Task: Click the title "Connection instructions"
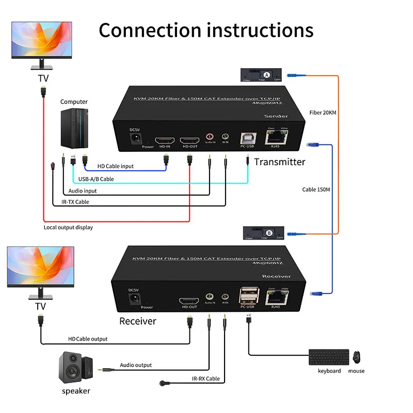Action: (206, 30)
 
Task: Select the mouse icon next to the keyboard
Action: (356, 357)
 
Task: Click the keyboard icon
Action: (329, 357)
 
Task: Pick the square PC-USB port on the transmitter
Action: (247, 138)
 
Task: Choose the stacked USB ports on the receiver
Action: (247, 296)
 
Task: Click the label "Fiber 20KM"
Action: (323, 112)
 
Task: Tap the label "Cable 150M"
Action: (316, 189)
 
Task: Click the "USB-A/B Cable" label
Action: (96, 179)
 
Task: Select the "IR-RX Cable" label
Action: (205, 378)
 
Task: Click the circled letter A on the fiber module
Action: (266, 75)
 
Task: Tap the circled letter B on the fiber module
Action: (266, 232)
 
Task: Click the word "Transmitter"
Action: (279, 162)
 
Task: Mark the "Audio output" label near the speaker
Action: (136, 365)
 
